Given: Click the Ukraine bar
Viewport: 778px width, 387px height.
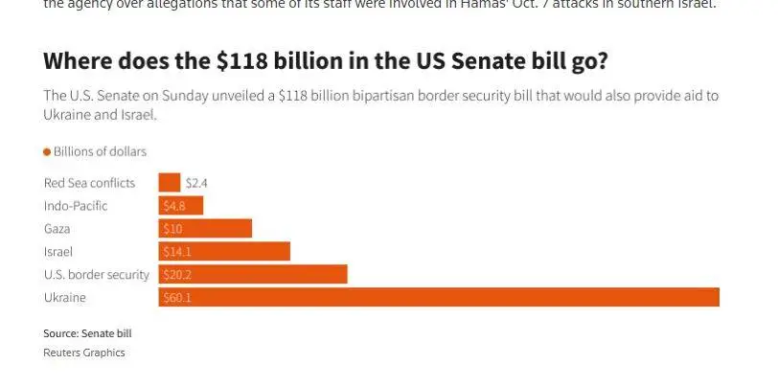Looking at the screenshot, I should (438, 298).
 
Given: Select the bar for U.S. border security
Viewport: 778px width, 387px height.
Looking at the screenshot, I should (253, 275).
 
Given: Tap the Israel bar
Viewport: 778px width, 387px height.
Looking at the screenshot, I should (224, 252).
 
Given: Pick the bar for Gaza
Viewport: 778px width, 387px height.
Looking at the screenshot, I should (205, 229).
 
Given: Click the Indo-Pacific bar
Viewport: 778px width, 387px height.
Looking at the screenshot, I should (181, 206).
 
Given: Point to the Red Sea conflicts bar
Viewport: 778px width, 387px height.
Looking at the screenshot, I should (170, 183).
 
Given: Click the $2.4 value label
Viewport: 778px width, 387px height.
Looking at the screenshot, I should (196, 183).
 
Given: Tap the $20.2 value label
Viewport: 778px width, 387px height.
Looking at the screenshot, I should (178, 275).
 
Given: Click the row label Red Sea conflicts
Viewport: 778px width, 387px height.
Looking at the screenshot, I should (90, 183).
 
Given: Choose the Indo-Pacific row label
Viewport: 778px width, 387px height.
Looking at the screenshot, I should (76, 206).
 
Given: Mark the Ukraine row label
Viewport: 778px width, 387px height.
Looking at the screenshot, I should (65, 298).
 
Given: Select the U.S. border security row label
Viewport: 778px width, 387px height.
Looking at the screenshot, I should (97, 275).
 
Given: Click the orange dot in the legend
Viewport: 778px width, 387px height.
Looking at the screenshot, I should (47, 152).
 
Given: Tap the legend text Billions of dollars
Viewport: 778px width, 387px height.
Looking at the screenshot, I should (100, 152).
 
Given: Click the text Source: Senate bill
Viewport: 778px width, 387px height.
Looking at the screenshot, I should (87, 333).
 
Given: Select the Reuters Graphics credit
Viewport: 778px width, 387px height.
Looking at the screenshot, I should (84, 353).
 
